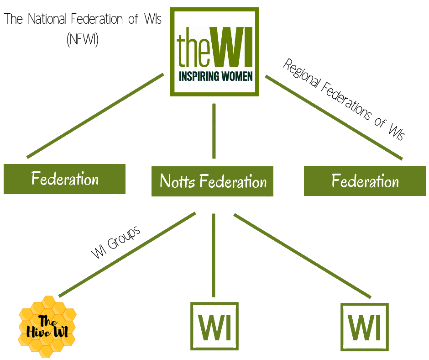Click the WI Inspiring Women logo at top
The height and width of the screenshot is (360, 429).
coord(214,51)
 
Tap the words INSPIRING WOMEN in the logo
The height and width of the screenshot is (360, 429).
coord(214,76)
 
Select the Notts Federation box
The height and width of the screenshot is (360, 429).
coord(212,181)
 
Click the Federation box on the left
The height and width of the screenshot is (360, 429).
coord(64,179)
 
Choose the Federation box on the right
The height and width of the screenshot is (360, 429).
coord(365,181)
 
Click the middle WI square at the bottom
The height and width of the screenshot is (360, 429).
coord(214,326)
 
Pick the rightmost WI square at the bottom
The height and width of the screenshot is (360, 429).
coord(365,327)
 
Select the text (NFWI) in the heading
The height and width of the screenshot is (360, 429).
coord(83,40)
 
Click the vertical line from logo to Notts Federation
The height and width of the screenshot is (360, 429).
coord(214,131)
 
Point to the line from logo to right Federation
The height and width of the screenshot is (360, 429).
coord(334,118)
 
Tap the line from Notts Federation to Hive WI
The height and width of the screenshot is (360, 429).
coord(127,254)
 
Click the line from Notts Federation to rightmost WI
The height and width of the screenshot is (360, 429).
coord(302,255)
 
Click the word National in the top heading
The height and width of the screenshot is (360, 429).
coord(46,20)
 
